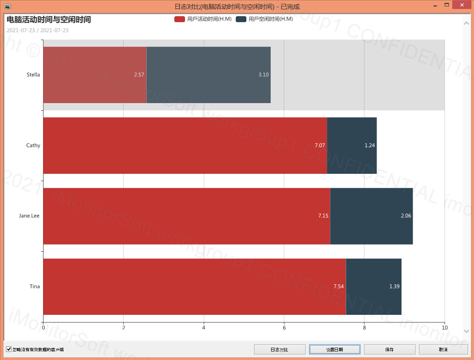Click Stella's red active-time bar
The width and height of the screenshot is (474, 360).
[95, 75]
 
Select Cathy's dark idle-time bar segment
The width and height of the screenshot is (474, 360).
[352, 146]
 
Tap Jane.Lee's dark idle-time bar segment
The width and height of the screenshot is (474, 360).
[371, 216]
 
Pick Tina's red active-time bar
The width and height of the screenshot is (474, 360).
[194, 287]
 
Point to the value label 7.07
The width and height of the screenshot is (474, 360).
[320, 146]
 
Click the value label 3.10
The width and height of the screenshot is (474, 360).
[263, 75]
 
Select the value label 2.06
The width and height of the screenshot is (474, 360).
[406, 216]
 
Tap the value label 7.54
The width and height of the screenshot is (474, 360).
[338, 287]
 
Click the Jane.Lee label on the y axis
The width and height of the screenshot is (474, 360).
[29, 216]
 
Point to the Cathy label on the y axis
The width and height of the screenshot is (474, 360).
[33, 146]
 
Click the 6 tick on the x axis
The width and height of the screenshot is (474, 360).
[284, 328]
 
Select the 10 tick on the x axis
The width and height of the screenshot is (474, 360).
[445, 328]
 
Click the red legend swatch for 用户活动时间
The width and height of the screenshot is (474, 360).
[179, 19]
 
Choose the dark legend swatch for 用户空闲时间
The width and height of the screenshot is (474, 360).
[241, 19]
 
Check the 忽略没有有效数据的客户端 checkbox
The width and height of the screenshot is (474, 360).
[9, 349]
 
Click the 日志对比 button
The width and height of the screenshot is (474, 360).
[280, 349]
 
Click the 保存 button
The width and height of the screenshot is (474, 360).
[390, 349]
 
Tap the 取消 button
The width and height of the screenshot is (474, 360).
[443, 349]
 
